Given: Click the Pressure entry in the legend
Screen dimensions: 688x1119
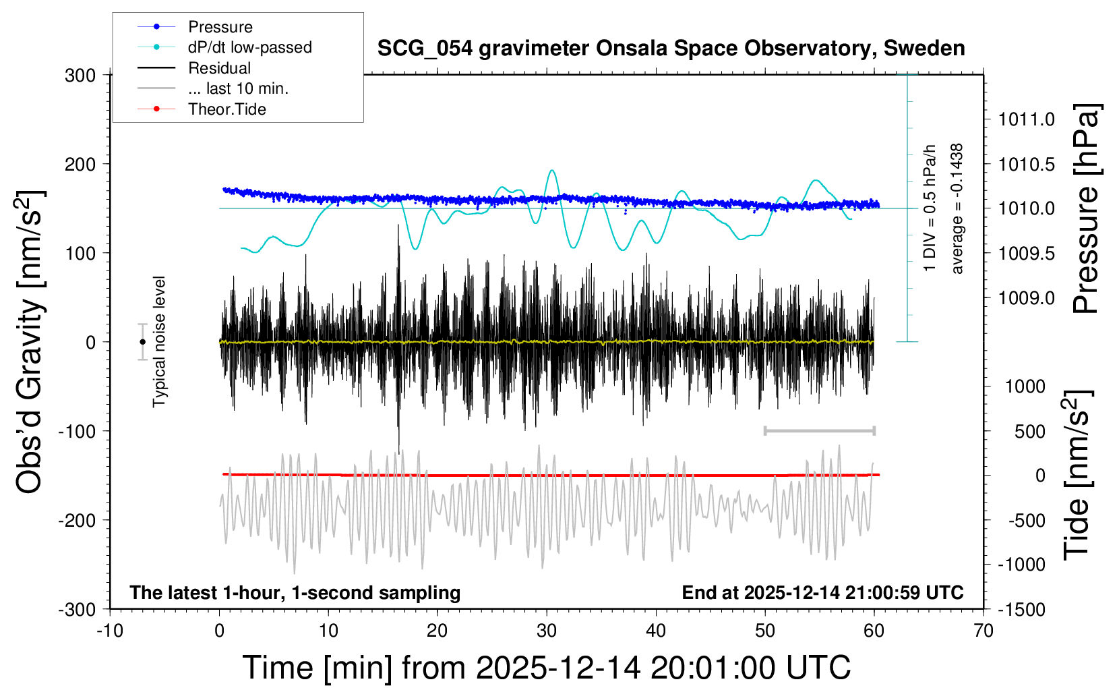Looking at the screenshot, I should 220,27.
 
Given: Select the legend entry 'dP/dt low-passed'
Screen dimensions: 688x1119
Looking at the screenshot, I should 249,47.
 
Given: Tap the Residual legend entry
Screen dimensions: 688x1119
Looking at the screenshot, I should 219,68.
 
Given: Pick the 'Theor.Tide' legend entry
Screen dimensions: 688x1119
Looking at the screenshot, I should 226,109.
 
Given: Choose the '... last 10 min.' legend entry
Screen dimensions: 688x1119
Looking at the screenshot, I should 238,88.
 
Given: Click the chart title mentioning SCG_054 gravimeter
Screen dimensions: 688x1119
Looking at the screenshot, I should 671,49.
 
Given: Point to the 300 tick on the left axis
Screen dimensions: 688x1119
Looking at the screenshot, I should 80,76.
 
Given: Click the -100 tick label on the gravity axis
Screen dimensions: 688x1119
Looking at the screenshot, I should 77,431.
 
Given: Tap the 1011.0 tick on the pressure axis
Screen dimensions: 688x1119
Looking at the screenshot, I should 1026,120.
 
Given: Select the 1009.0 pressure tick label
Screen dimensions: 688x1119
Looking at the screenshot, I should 1026,298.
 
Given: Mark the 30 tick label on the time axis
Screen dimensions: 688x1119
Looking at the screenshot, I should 547,631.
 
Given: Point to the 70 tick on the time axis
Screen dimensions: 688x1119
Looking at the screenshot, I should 984,631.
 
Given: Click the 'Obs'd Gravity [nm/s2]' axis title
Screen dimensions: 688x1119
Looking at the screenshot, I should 30,342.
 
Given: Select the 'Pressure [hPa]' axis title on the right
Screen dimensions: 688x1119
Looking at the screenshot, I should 1086,209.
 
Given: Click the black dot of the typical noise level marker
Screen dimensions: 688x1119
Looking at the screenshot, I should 142,342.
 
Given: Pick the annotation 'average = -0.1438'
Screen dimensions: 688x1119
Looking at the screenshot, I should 957,208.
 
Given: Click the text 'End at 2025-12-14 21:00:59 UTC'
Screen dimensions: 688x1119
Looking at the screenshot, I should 822,593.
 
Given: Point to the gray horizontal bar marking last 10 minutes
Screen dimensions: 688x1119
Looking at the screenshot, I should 819,430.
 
